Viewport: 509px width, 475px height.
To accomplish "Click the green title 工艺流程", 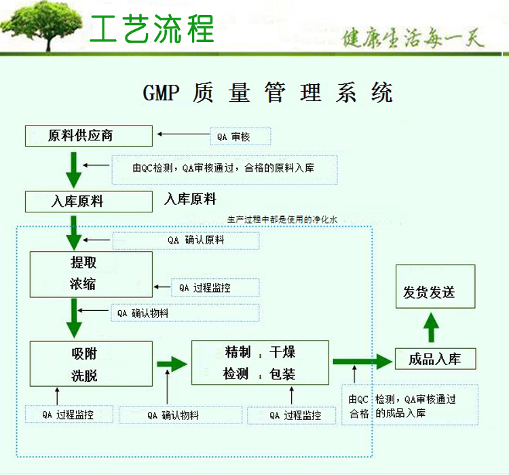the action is tap(152, 29).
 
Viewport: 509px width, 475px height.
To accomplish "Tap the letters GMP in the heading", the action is tap(161, 93).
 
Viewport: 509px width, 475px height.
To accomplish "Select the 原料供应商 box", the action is tap(89, 136).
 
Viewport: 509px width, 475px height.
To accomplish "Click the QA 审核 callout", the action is tap(240, 136).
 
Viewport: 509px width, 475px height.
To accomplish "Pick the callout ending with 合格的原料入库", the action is tap(225, 170).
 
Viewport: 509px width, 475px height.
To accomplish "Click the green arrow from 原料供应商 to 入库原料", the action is tap(74, 170).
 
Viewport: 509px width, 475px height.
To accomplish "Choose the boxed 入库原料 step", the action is tap(89, 202).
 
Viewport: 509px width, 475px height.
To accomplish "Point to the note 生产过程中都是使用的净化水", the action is tap(282, 219).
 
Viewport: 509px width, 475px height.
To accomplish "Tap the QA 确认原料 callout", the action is tap(186, 241).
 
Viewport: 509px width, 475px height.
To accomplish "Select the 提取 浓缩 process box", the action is tap(91, 274).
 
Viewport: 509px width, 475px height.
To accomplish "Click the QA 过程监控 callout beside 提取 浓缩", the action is tap(215, 288).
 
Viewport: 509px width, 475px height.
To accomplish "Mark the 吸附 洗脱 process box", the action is tap(91, 364).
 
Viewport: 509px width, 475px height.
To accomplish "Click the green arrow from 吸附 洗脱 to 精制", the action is tap(172, 364).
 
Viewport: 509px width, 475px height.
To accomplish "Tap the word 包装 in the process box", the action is tap(282, 374).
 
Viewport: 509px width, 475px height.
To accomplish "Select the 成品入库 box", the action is tap(435, 359).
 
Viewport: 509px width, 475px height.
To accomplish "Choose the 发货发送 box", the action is tap(435, 286).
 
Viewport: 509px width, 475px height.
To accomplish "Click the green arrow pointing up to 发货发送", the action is tap(431, 327).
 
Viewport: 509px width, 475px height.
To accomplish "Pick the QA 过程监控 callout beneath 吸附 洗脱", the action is tap(69, 415).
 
